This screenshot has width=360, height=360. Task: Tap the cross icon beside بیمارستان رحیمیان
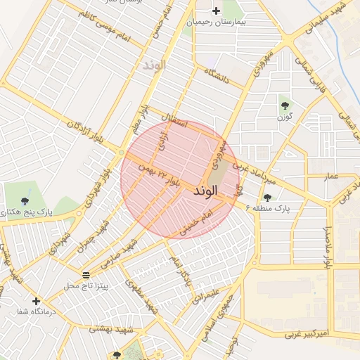pos(216,11)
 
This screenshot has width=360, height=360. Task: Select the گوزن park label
pos(285,117)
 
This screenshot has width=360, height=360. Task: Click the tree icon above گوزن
pos(285,105)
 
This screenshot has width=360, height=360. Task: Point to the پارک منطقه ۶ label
pos(267,208)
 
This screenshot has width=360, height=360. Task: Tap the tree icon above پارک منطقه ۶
pos(267,198)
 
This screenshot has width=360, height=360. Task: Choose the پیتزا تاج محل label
pos(85,285)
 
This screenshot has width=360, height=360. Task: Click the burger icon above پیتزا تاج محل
pos(86,275)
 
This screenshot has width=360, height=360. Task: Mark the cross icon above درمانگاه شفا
pos(36,301)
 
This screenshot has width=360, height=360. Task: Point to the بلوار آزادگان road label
pos(85,133)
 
